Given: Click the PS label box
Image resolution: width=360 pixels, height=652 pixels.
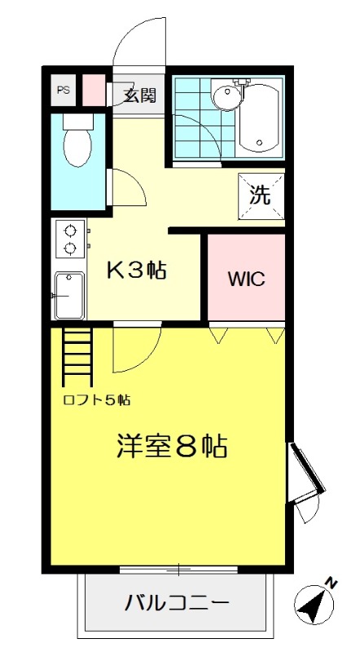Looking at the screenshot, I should (x=63, y=90).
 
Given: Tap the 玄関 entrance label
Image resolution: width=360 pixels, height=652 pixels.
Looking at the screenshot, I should (x=139, y=94).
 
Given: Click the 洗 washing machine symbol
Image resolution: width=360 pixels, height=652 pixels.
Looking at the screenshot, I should (x=260, y=196).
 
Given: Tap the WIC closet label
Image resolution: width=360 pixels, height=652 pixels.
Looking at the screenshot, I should (x=245, y=278).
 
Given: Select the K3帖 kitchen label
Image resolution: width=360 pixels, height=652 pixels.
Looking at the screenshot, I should (x=138, y=270).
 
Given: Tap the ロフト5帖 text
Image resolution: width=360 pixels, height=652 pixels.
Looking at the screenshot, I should (x=96, y=399).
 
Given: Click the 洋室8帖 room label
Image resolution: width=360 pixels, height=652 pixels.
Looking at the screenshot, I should (x=171, y=446).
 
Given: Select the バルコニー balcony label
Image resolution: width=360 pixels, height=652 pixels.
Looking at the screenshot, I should (x=176, y=604).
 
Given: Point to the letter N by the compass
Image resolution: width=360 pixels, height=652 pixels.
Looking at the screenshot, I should (x=331, y=582).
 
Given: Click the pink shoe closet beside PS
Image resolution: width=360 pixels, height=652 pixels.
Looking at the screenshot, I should (x=94, y=90).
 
